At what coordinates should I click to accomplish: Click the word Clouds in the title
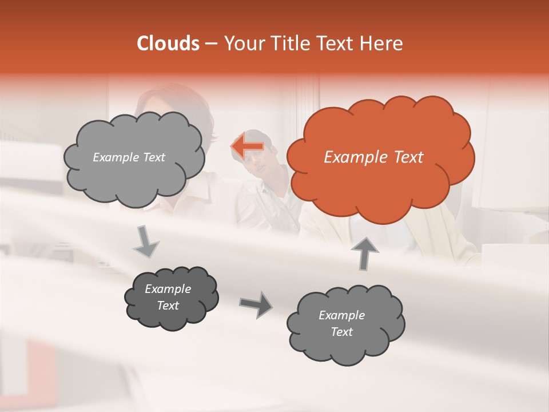pos(168,43)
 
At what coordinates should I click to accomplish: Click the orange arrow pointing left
pos(247,146)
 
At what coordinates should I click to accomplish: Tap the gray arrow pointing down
pos(146,241)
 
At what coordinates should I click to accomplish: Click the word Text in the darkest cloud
pos(168,306)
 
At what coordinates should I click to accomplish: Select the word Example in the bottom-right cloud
pos(341,315)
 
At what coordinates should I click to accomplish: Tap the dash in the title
pos(210,44)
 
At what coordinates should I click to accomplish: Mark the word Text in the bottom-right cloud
pos(341,332)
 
